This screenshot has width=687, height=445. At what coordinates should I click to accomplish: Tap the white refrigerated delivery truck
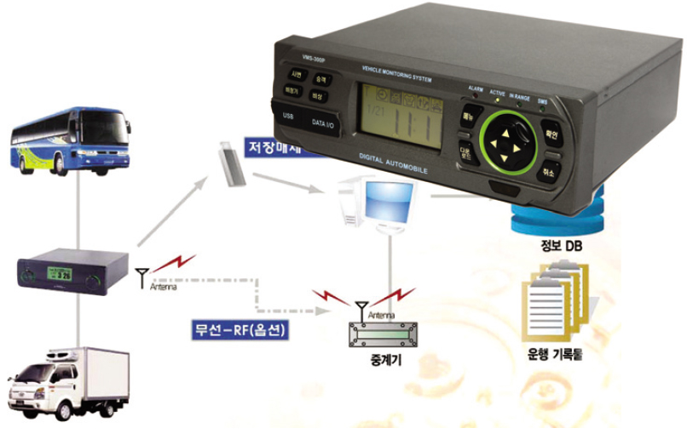point(68,383)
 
